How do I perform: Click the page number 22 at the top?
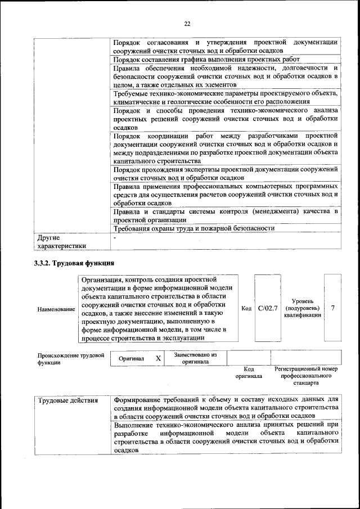tap(187, 23)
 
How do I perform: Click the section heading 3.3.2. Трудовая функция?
tap(74, 263)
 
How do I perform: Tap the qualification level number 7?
tap(333, 308)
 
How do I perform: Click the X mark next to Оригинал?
tap(158, 358)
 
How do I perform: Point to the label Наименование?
tap(56, 309)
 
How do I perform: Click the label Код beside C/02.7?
tap(246, 308)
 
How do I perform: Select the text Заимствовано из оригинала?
tap(195, 358)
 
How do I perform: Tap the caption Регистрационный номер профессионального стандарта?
tap(306, 376)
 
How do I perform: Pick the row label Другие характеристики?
tap(61, 241)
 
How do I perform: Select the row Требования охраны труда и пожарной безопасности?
tap(193, 228)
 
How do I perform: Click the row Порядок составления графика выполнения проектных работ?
tap(206, 59)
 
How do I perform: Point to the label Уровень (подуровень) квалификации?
tap(303, 308)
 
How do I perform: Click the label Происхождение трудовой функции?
tap(71, 359)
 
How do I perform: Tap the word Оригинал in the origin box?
tap(132, 358)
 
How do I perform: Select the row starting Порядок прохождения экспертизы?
tap(225, 173)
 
